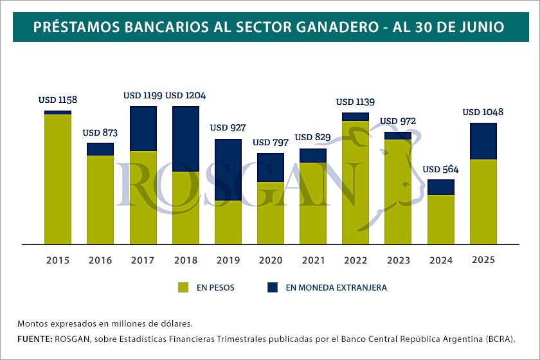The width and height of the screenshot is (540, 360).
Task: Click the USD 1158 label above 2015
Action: pyautogui.click(x=58, y=100)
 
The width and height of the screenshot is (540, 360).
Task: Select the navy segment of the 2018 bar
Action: pyautogui.click(x=185, y=138)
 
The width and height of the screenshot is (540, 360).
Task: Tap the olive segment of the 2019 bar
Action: pyautogui.click(x=228, y=222)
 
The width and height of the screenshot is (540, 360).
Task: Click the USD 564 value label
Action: pyautogui.click(x=442, y=170)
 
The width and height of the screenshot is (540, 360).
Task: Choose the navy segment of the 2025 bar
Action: pyautogui.click(x=483, y=141)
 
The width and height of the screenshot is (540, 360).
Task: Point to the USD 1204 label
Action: pyautogui.click(x=185, y=96)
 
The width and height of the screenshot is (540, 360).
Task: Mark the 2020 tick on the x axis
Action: pyautogui.click(x=270, y=260)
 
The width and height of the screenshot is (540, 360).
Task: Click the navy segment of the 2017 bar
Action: pyautogui.click(x=143, y=129)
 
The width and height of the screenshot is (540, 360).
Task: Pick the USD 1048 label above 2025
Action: pyautogui.click(x=483, y=113)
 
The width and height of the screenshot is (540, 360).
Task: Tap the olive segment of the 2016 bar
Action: pyautogui.click(x=100, y=199)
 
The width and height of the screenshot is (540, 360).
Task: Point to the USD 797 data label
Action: pyautogui.click(x=270, y=142)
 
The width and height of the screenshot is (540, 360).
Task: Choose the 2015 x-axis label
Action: pyautogui.click(x=58, y=260)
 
